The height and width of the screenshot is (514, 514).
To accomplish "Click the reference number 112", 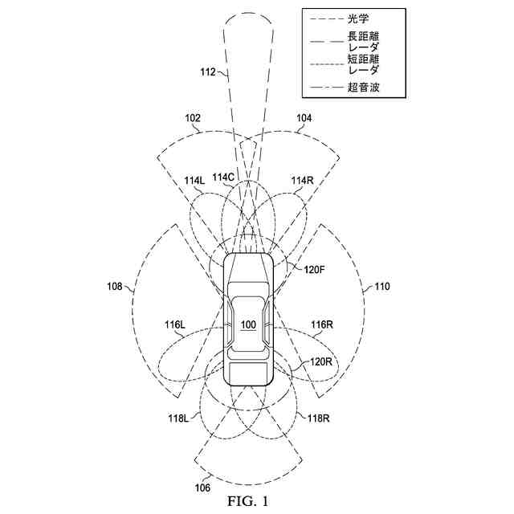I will [206, 72].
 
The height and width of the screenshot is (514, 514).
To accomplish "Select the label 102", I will [193, 117].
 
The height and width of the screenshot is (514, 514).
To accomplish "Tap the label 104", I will [304, 117].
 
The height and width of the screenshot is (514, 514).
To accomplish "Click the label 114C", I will [223, 177].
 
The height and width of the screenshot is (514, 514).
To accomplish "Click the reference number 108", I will [115, 285].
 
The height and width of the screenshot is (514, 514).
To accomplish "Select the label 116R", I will [321, 324].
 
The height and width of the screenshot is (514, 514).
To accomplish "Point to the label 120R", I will [322, 362].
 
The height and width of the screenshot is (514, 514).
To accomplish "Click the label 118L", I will [177, 418].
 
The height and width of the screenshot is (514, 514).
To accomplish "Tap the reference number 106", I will [203, 487].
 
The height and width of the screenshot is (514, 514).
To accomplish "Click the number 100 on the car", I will [248, 324].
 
